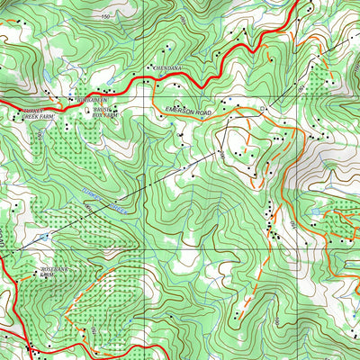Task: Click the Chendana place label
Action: tap(168, 67)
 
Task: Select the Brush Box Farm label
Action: tap(104, 111)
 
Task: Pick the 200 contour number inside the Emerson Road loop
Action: tap(221, 154)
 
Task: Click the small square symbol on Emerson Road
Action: tap(262, 110)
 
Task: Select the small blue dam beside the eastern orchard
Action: tap(312, 213)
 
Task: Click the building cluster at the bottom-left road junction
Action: tap(32, 347)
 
